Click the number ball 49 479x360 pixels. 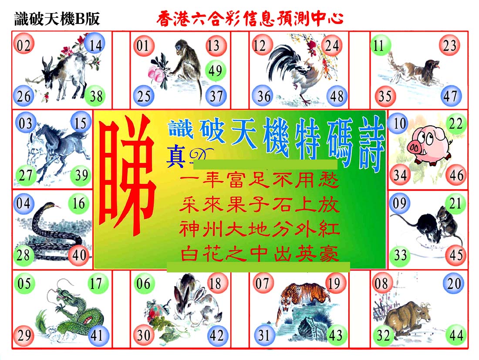tap(216, 71)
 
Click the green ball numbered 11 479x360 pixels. tap(381, 45)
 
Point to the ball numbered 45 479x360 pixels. tap(456, 255)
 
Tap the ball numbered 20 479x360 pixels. tap(454, 284)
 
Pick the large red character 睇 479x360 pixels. tap(127, 177)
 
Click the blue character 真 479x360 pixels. tap(176, 156)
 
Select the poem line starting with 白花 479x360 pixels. tap(260, 254)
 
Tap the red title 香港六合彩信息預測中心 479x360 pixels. tap(250, 18)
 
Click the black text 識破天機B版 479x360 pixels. tap(57, 19)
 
